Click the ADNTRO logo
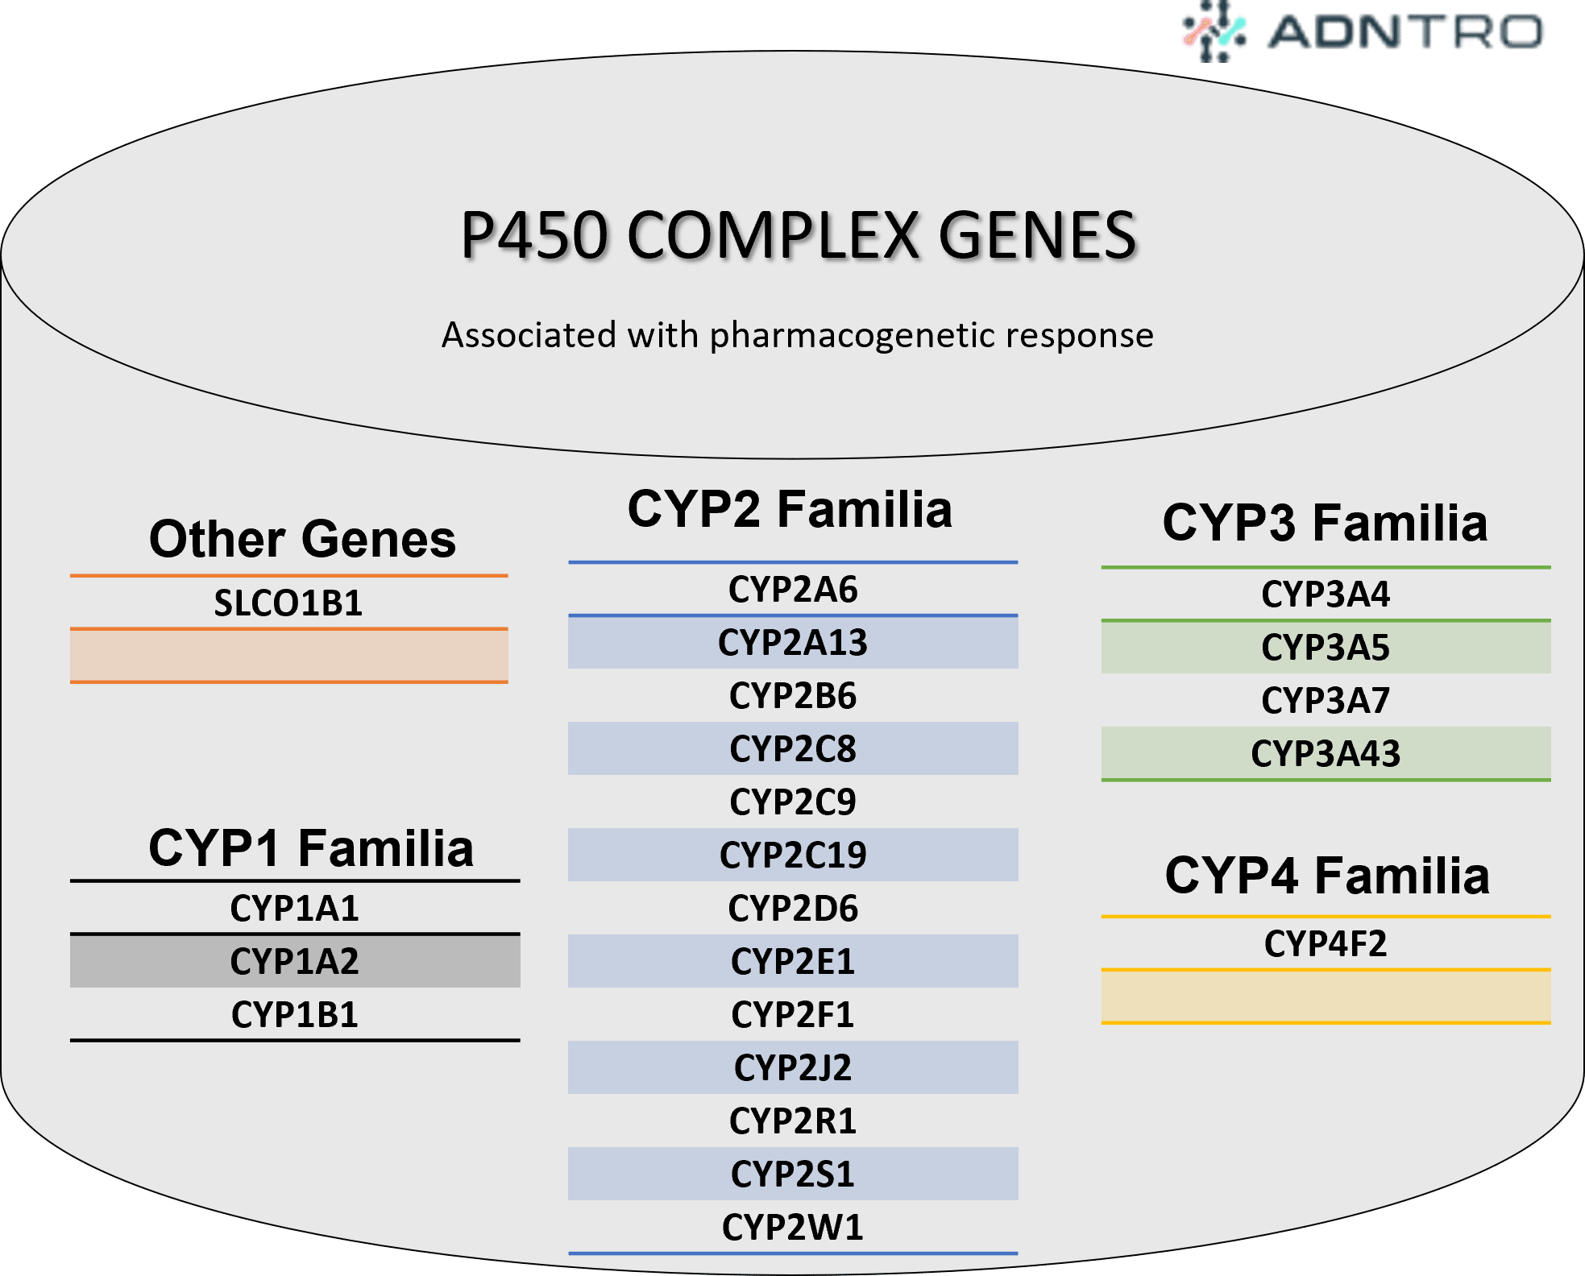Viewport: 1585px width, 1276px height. point(1362,32)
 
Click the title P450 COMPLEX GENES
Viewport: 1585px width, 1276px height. point(798,236)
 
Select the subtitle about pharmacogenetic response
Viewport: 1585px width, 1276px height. point(798,335)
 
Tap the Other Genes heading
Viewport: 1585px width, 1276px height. point(302,539)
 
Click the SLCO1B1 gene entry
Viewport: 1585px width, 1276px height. point(288,603)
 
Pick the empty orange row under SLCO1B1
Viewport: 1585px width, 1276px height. point(288,656)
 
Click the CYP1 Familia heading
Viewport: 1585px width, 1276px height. point(311,848)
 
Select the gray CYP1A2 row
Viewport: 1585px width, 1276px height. point(295,961)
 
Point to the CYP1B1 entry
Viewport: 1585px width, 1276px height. point(295,1015)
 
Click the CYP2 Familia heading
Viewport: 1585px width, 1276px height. point(790,510)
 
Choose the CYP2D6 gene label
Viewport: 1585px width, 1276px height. point(793,909)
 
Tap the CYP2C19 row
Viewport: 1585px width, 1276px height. point(793,855)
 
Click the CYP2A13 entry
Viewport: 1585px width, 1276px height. point(793,643)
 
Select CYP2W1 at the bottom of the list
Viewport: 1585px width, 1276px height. point(793,1228)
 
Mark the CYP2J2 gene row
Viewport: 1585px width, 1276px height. point(793,1068)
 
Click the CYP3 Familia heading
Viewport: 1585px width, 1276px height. point(1325,523)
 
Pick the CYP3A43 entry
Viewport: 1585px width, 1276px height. point(1326,754)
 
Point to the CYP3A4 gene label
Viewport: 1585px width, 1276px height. point(1326,594)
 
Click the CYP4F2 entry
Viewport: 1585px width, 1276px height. point(1326,944)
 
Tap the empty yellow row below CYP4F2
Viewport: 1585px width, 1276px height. point(1326,996)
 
